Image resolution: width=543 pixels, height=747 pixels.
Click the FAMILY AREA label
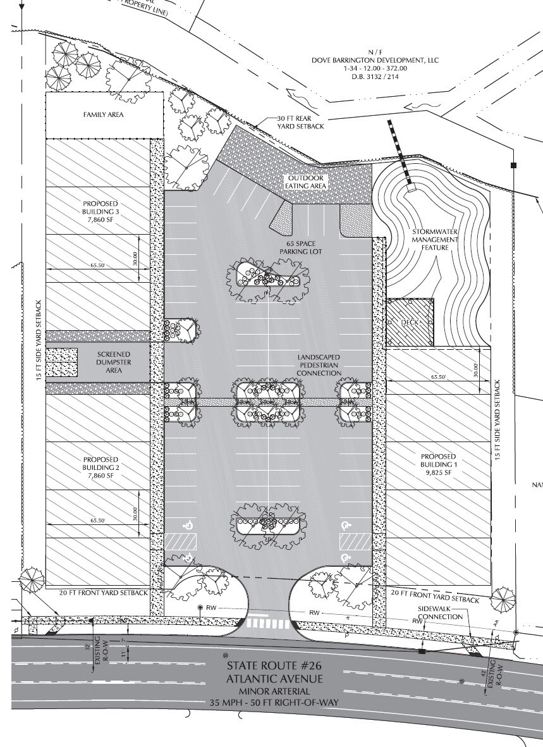[103, 115]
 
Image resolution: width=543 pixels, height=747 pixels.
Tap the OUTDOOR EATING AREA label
[305, 182]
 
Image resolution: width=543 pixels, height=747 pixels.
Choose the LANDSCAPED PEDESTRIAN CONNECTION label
[319, 366]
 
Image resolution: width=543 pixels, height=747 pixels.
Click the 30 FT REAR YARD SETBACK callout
[301, 123]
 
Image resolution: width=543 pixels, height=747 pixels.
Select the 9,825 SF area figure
[439, 472]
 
